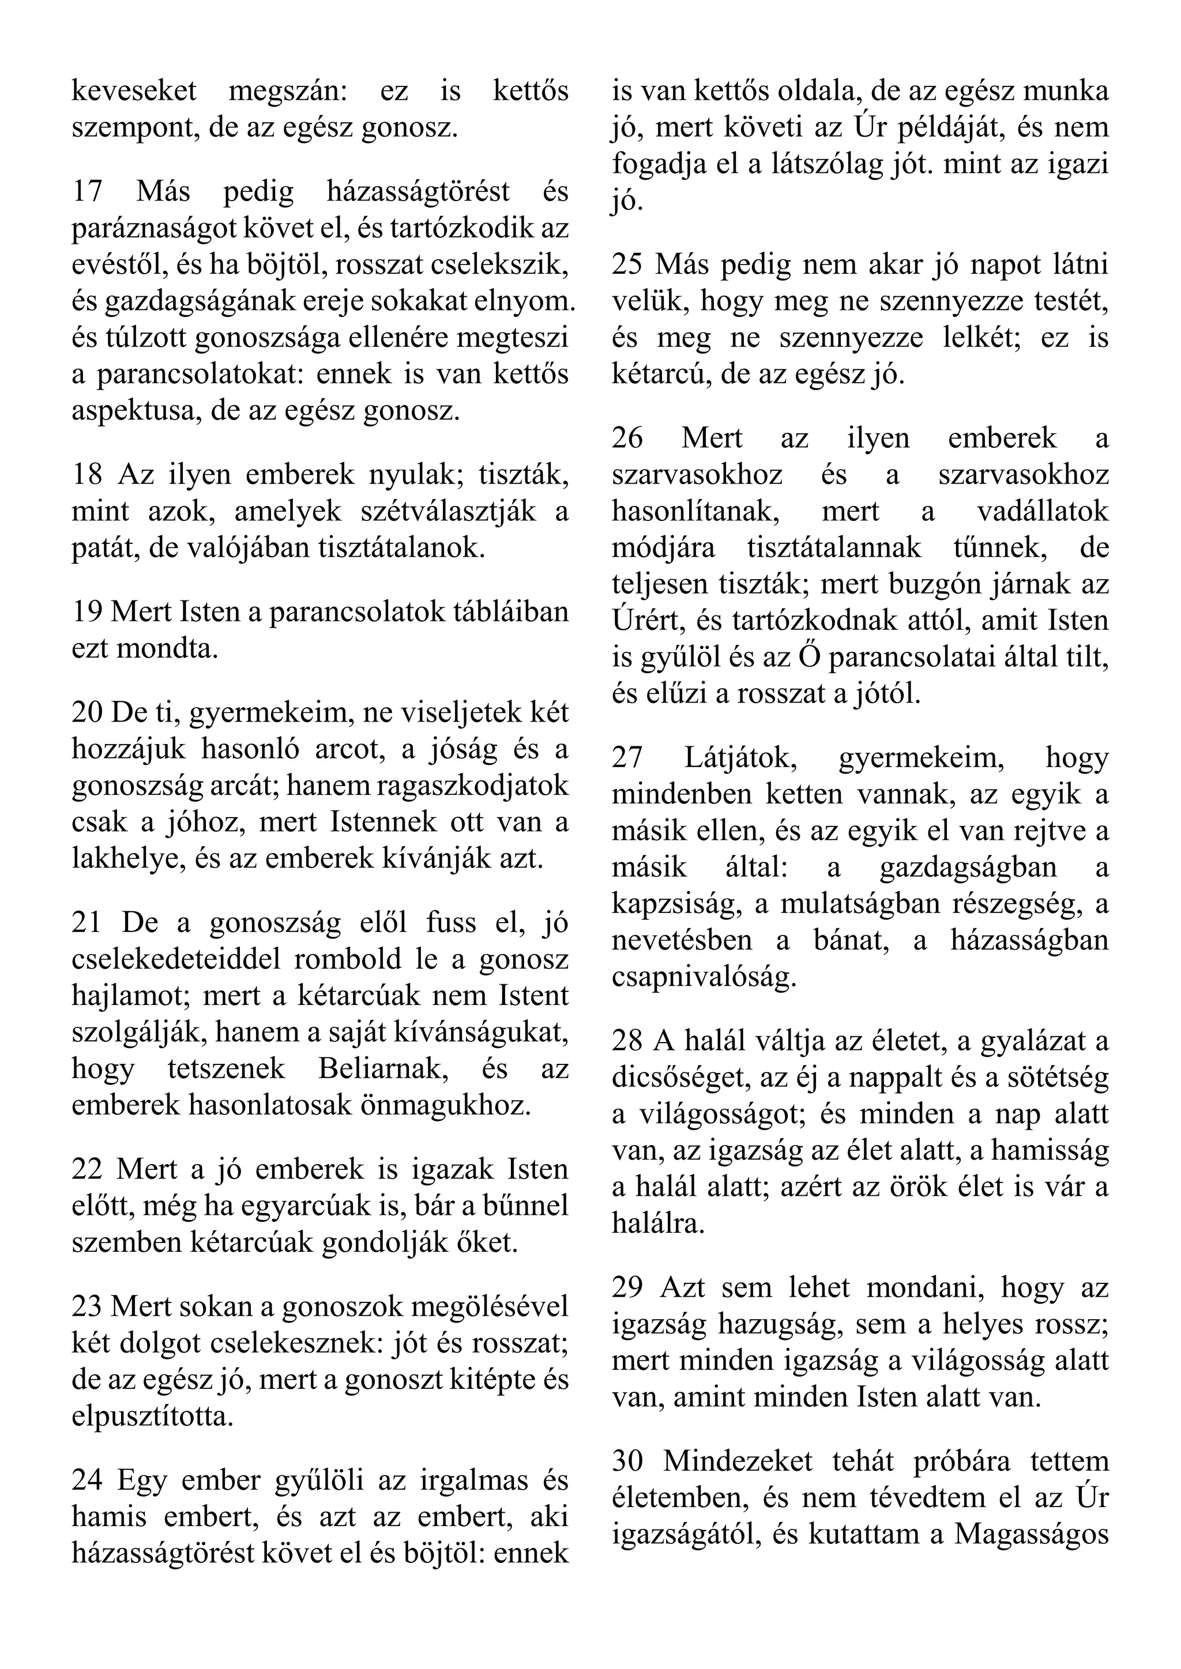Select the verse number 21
click(x=87, y=923)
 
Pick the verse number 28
click(x=627, y=1041)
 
